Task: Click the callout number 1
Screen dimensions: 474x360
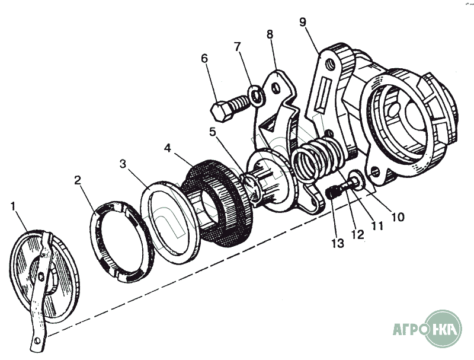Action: point(12,206)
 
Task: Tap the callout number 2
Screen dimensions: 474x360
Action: point(78,180)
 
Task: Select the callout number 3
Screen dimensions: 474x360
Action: point(123,164)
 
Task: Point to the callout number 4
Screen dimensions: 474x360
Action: point(168,148)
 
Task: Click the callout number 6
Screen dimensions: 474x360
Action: point(204,58)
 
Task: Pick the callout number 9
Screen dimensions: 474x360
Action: point(303,22)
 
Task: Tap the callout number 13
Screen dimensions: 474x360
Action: point(338,243)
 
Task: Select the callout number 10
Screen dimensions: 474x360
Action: point(398,216)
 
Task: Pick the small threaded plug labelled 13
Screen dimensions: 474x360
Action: point(334,193)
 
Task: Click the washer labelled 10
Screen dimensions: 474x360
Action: point(357,180)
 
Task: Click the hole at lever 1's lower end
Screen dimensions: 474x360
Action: point(37,340)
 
